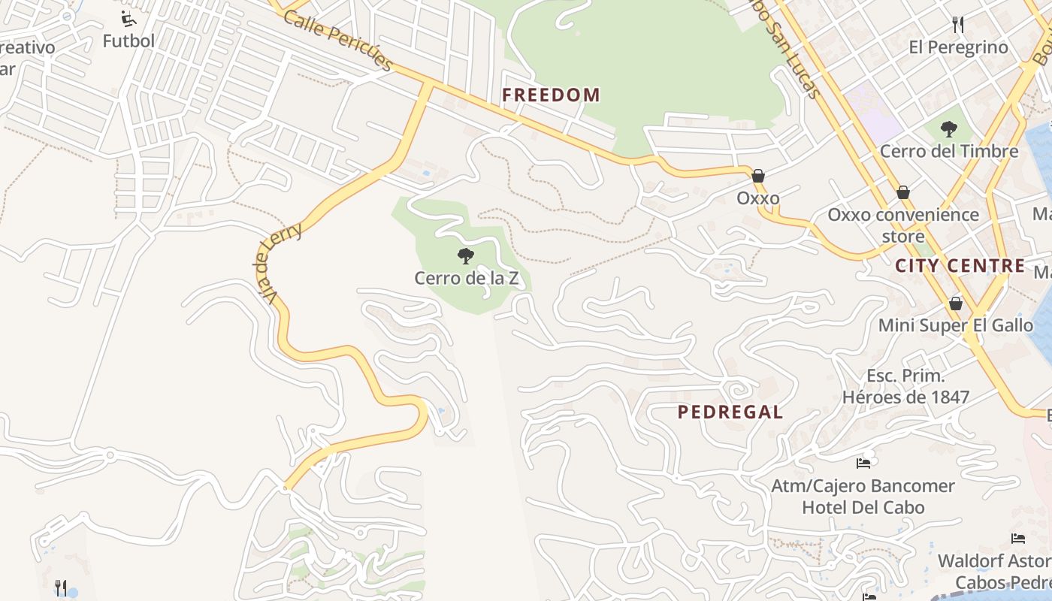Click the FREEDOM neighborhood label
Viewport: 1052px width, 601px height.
[551, 95]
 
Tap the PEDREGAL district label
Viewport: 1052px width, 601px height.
[730, 412]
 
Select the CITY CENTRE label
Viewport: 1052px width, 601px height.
[960, 265]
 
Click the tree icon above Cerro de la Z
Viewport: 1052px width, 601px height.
[466, 256]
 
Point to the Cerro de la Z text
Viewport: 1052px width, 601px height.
[466, 278]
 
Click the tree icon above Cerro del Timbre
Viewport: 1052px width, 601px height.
[949, 129]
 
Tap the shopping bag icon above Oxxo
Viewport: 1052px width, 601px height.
[758, 176]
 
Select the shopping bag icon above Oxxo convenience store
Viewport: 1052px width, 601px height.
[903, 192]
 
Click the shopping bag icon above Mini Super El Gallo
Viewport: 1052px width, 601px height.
[956, 304]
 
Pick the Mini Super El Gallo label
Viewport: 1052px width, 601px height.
[956, 325]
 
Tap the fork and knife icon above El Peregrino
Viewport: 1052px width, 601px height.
[958, 25]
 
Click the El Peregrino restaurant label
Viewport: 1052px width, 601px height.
[958, 47]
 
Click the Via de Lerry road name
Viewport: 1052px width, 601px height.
[279, 263]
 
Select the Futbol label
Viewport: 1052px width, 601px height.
[128, 41]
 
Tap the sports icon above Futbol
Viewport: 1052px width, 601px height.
[128, 18]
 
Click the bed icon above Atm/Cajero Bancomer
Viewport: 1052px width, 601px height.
[863, 463]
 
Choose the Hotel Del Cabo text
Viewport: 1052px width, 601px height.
[863, 507]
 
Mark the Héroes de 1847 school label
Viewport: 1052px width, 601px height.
[905, 397]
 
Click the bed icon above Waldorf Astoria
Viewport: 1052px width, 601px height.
[1018, 539]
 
